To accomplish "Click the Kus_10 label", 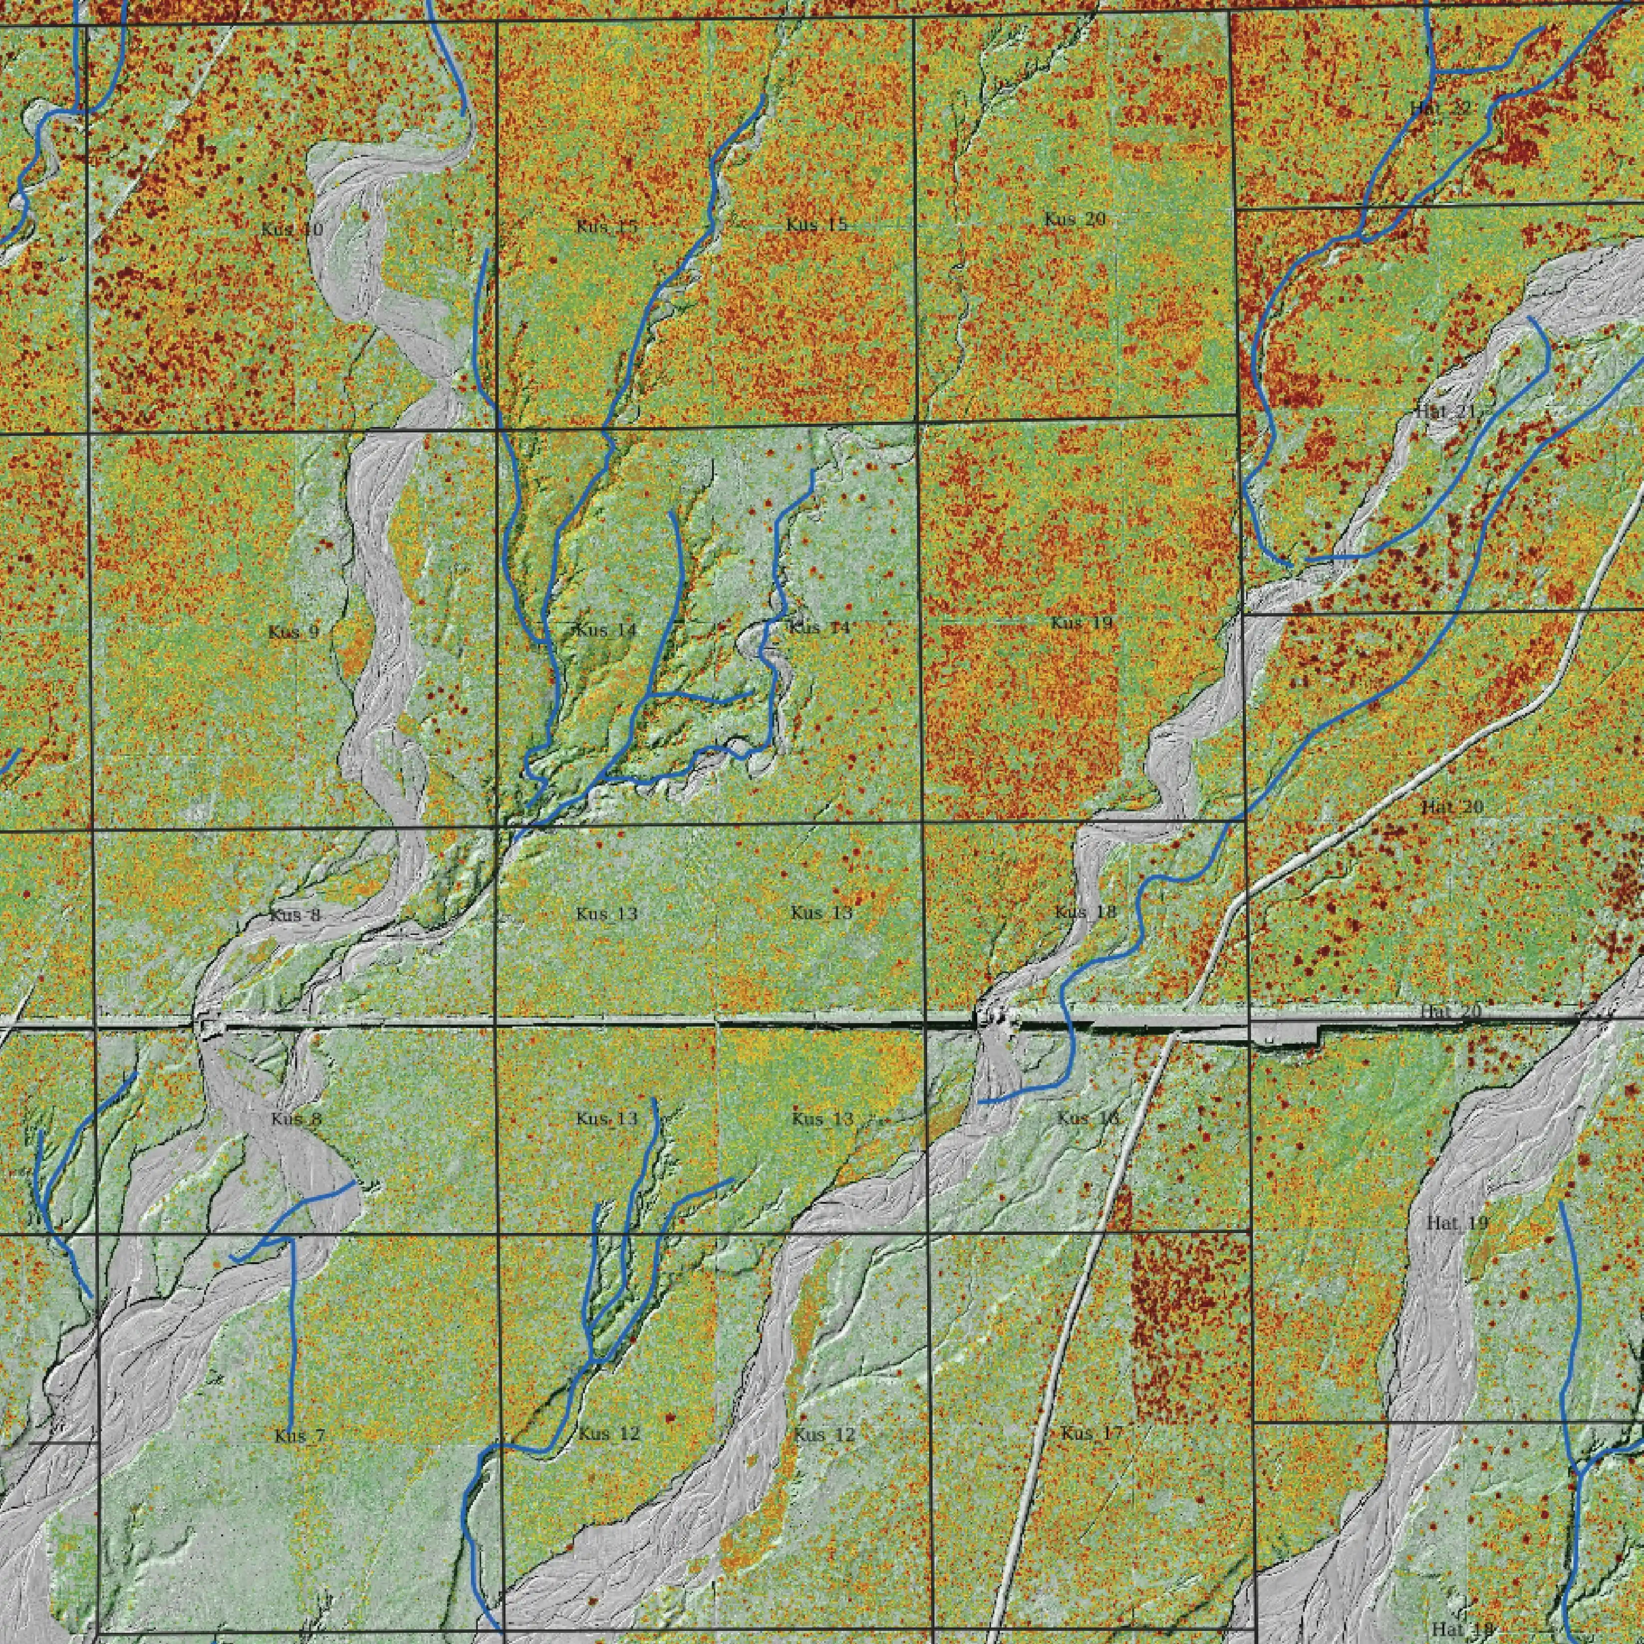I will tap(292, 230).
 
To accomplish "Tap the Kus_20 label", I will tap(1075, 220).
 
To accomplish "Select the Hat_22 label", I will tap(1439, 108).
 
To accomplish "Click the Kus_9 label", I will tap(293, 632).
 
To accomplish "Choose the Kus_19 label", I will tap(1081, 623).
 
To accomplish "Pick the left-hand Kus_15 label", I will tap(607, 227).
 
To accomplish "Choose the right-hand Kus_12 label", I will tap(823, 1435).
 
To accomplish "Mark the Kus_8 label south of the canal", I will tap(296, 1119).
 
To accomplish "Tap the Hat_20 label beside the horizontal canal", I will tap(1450, 1011).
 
